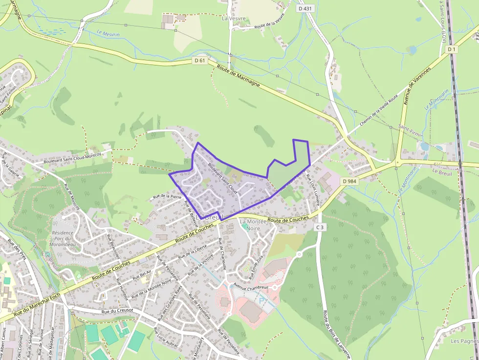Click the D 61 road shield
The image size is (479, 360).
pos(198,61)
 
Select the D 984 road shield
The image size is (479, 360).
pos(350,181)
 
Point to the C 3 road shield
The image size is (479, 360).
pos(320,227)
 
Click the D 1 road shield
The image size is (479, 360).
pos(451,49)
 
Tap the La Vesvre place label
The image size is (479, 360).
pos(234,19)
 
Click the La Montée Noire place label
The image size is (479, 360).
pos(253,225)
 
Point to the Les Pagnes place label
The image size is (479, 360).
pos(464,340)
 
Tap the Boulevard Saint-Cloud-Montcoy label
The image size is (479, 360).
pos(72,157)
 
